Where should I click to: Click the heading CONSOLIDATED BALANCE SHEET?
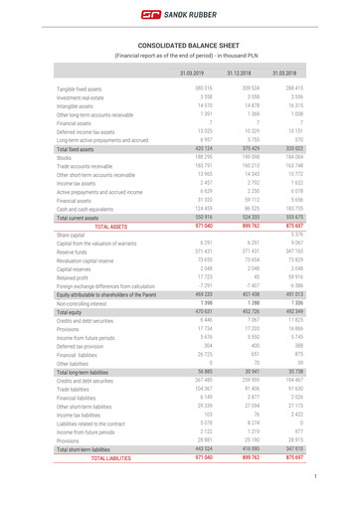(x=179, y=46)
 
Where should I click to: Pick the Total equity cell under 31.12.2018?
(x=254, y=311)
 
